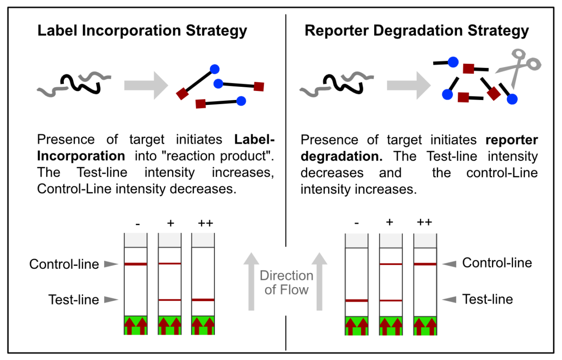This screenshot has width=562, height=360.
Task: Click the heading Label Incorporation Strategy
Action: [142, 31]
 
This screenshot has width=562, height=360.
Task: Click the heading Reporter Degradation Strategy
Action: [417, 31]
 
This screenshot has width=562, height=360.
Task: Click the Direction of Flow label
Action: [286, 283]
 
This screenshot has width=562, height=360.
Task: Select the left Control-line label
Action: [64, 264]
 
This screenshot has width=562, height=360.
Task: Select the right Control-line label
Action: [497, 263]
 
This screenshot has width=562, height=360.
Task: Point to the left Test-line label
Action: [74, 299]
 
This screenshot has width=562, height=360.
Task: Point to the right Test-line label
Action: [487, 299]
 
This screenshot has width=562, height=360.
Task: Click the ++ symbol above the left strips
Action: [205, 223]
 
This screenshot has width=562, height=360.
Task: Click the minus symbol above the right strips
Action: [357, 223]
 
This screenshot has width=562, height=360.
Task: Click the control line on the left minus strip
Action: [136, 264]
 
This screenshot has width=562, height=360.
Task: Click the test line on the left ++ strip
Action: [203, 299]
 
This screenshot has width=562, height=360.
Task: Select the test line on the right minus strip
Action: [357, 300]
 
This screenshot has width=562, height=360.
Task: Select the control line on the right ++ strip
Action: [425, 264]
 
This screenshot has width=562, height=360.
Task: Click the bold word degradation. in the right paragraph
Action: [341, 156]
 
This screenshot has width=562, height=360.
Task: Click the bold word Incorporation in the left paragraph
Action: [81, 156]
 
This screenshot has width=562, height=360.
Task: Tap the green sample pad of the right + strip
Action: [391, 325]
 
